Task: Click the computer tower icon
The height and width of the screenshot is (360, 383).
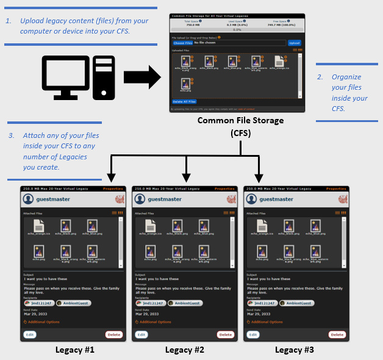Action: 104,77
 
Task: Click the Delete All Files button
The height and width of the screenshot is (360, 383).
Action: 184,101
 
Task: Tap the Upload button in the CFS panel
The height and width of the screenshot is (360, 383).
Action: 295,43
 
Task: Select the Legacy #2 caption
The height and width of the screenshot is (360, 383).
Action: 185,350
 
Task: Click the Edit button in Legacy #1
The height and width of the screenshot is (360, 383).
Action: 30,334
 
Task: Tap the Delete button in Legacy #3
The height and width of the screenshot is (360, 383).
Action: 337,334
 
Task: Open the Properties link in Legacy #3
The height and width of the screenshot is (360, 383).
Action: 336,189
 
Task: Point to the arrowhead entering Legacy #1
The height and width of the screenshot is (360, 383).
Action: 111,178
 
